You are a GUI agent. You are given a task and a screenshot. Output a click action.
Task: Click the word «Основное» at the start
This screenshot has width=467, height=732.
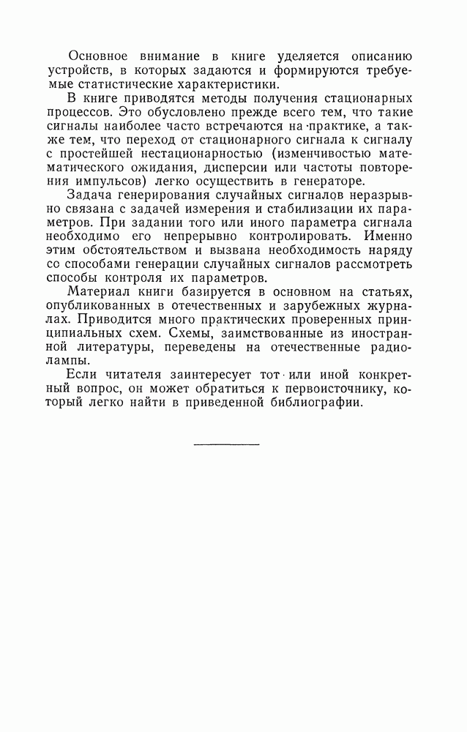coord(98,56)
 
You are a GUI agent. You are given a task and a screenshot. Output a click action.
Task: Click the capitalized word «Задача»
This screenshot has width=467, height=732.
coord(89,195)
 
